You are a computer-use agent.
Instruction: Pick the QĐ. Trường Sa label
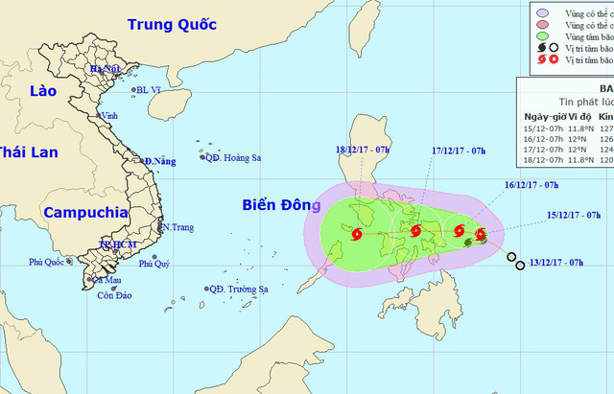240,289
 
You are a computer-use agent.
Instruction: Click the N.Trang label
177,228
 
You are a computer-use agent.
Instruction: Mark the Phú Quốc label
49,262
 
